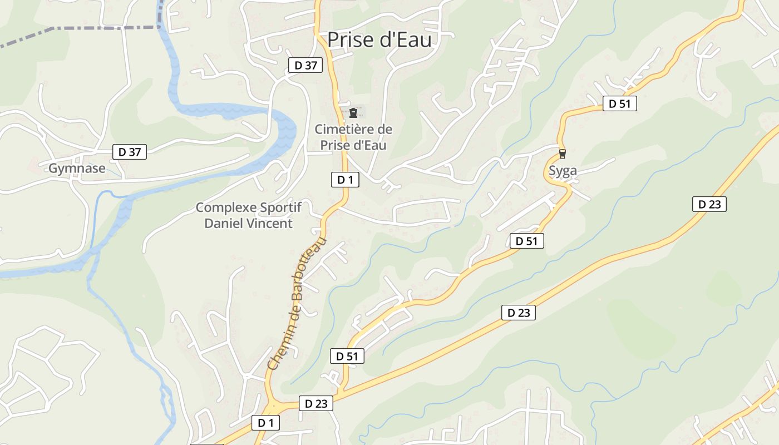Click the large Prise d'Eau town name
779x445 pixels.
coord(379,39)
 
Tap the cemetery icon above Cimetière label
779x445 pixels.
coord(353,113)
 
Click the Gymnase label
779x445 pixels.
coord(77,169)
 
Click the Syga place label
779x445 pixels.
coord(563,171)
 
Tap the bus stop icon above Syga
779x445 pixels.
coord(563,154)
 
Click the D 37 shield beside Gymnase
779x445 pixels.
coord(130,152)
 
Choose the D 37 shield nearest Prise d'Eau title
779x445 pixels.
coord(305,65)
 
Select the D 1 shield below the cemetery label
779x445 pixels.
coord(345,180)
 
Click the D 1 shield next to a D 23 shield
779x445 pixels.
coord(265,423)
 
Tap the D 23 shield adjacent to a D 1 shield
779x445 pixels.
coord(316,404)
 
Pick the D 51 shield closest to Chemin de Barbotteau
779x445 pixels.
coord(347,357)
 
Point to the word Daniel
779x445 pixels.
coord(225,224)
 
